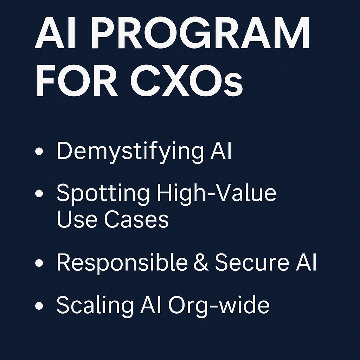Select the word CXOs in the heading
[187, 81]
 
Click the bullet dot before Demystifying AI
[39, 151]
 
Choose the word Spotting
[103, 194]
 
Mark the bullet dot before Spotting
[39, 193]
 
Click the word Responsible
[122, 263]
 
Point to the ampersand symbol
[201, 262]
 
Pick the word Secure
[252, 262]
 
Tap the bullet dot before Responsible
[39, 263]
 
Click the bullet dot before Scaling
[39, 306]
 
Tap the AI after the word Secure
[306, 262]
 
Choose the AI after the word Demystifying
[221, 150]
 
